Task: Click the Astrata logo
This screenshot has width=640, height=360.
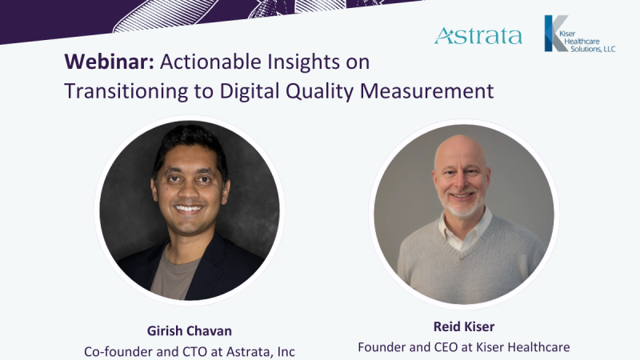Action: pyautogui.click(x=478, y=35)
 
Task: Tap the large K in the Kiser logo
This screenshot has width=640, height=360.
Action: pyautogui.click(x=556, y=33)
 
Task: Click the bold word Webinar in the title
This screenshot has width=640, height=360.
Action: pyautogui.click(x=109, y=62)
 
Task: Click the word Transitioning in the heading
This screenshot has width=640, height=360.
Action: pyautogui.click(x=126, y=91)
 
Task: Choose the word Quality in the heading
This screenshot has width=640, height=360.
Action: pyautogui.click(x=319, y=91)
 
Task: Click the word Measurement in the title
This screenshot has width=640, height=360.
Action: pyautogui.click(x=426, y=90)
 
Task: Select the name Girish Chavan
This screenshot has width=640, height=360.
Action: pyautogui.click(x=190, y=330)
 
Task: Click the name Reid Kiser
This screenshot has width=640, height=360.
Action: pyautogui.click(x=464, y=326)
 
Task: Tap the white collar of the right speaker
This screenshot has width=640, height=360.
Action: pyautogui.click(x=465, y=230)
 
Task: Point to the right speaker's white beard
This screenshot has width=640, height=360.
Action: pyautogui.click(x=462, y=206)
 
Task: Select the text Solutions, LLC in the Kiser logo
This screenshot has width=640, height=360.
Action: pyautogui.click(x=593, y=50)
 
